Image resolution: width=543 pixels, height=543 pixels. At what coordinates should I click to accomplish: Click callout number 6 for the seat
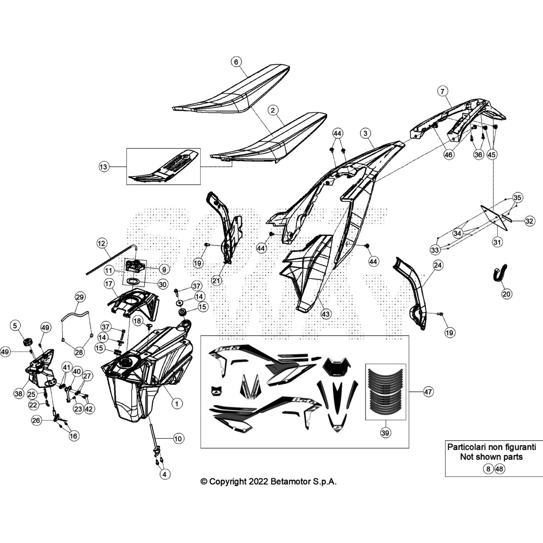point(236,62)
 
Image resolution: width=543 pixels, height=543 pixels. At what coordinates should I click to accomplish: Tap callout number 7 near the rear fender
point(442,91)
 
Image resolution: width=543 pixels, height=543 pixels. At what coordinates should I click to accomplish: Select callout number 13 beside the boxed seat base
point(104,167)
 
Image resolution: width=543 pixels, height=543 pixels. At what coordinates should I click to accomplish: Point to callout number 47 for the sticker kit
point(428,392)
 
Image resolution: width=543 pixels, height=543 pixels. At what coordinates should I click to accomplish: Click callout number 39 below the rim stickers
point(385,433)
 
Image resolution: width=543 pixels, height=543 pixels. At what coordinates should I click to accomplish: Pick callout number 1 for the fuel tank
point(176,404)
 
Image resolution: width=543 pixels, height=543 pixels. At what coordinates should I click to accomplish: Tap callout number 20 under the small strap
point(506,294)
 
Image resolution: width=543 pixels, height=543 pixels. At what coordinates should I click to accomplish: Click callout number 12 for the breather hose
point(101,243)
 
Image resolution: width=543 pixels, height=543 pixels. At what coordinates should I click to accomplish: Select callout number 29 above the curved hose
point(79,297)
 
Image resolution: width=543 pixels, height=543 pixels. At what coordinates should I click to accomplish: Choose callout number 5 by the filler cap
point(15,326)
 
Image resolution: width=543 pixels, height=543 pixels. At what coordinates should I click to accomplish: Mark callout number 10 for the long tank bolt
point(178,438)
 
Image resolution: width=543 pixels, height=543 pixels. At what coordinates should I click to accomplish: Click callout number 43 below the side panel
point(326,314)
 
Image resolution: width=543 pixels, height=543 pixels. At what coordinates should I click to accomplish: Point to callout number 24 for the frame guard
point(438,265)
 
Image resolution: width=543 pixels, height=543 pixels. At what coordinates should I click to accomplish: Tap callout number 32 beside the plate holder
point(529,221)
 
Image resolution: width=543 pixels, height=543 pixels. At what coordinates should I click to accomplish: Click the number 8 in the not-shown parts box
point(488,469)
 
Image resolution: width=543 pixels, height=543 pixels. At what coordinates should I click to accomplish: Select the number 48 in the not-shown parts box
point(500,469)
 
